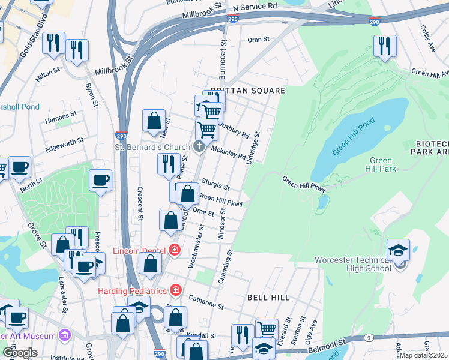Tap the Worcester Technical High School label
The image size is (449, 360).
[x=357, y=264]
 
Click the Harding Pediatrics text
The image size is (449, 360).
[x=132, y=291]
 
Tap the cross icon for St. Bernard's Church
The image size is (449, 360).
[x=199, y=146]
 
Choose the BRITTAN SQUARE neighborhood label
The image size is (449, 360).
[x=247, y=91]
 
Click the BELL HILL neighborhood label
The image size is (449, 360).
[x=268, y=297]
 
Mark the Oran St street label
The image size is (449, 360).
[x=259, y=40]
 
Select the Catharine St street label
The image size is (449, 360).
[x=206, y=301]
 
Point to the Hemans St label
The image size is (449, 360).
[x=61, y=113]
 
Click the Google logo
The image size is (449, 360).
[x=20, y=352]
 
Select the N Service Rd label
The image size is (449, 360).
[x=255, y=5]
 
